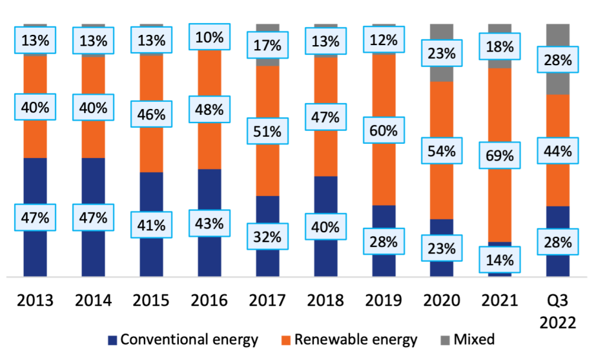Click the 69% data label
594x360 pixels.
pos(500,156)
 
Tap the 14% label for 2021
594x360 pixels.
pos(500,261)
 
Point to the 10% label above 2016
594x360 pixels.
pos(209,37)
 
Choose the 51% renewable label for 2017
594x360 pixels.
pos(267,132)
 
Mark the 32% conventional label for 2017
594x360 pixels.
pos(267,237)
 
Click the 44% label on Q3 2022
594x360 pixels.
pos(558,152)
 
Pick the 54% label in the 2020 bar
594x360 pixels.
pos(442,152)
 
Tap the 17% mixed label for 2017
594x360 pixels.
pos(267,45)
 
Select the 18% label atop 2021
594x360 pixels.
pos(500,46)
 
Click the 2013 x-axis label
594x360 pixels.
pos(35,300)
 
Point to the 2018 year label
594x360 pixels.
pos(325,300)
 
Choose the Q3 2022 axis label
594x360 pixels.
pos(558,311)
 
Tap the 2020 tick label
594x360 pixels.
pos(442,300)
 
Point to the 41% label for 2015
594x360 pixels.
pos(151,226)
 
